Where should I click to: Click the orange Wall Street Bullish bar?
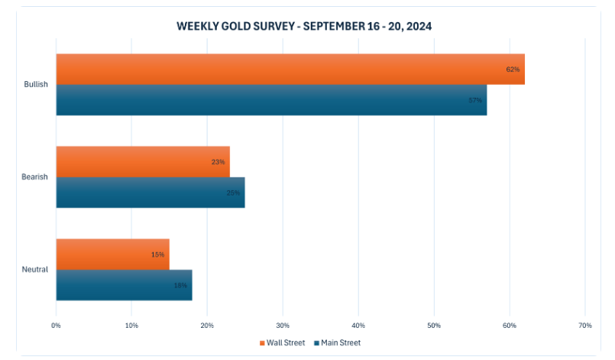[290, 69]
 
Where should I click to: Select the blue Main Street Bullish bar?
[271, 100]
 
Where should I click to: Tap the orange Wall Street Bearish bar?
[143, 161]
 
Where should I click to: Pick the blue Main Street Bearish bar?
[151, 193]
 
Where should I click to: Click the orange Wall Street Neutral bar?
[112, 254]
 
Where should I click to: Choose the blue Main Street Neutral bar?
[124, 285]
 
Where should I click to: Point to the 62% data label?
[513, 70]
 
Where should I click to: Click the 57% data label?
[475, 101]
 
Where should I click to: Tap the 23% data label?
[218, 162]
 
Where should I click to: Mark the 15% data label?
[157, 255]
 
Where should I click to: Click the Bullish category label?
[36, 84]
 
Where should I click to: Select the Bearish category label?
[35, 177]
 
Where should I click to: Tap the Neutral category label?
[35, 269]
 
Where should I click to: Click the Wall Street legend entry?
[282, 342]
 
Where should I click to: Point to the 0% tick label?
[56, 326]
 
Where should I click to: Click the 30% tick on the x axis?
[283, 326]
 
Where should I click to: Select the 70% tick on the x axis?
[584, 326]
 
